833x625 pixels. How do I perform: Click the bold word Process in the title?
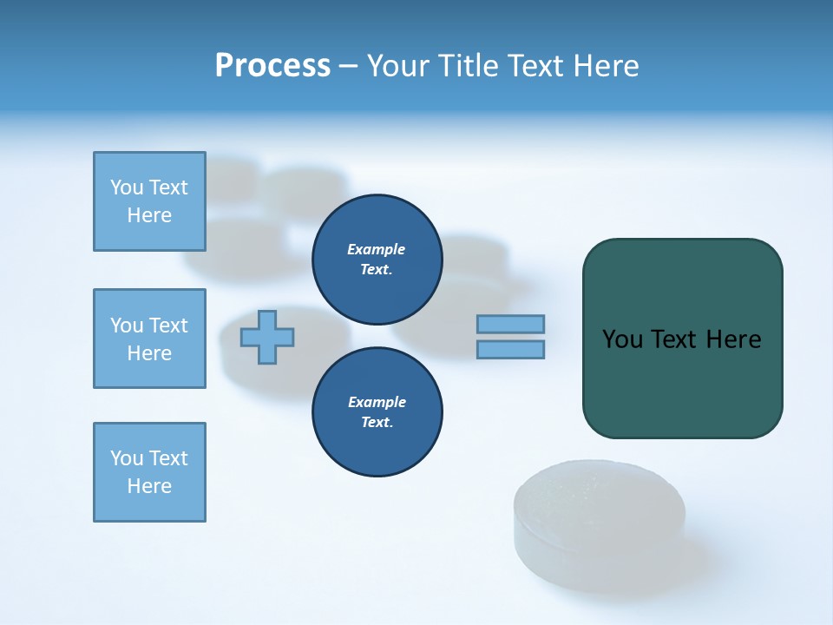pyautogui.click(x=272, y=66)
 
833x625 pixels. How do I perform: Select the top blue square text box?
pyautogui.click(x=149, y=201)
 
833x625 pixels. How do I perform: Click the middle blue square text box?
pyautogui.click(x=149, y=339)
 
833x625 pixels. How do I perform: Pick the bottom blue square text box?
pyautogui.click(x=149, y=472)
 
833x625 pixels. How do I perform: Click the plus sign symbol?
pyautogui.click(x=267, y=336)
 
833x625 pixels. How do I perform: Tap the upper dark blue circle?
pyautogui.click(x=377, y=259)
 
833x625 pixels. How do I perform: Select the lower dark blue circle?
pyautogui.click(x=377, y=411)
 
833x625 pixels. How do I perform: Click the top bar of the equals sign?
pyautogui.click(x=510, y=324)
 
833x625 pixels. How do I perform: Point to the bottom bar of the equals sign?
pyautogui.click(x=510, y=349)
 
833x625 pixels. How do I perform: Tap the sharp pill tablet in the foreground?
pyautogui.click(x=600, y=525)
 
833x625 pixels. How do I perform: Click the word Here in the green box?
pyautogui.click(x=733, y=339)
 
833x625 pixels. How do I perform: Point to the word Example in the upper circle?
pyautogui.click(x=377, y=249)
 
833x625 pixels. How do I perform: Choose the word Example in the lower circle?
pyautogui.click(x=377, y=402)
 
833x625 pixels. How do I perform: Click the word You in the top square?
pyautogui.click(x=126, y=187)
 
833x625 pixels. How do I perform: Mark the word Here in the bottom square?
pyautogui.click(x=149, y=486)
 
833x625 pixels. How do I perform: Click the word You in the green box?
pyautogui.click(x=622, y=339)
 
